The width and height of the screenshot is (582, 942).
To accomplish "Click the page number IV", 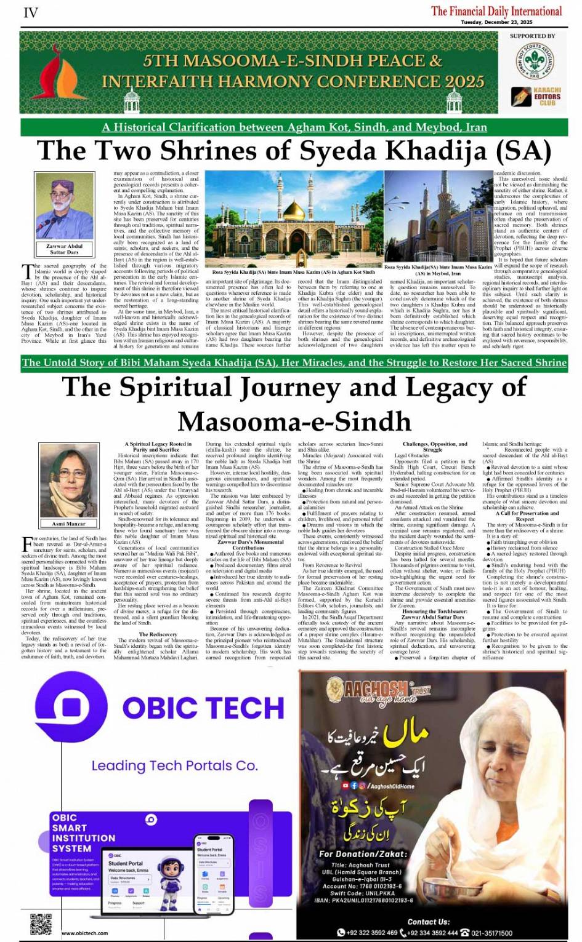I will (x=30, y=12).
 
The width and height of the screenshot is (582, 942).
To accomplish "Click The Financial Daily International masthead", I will (x=496, y=11).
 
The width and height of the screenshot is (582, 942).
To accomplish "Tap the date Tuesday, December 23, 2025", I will (x=496, y=22).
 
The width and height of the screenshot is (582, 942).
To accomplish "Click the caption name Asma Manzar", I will (x=68, y=524).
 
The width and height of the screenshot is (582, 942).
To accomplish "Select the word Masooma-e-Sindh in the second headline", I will (x=294, y=421).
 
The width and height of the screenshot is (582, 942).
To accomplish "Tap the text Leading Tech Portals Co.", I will (x=174, y=766).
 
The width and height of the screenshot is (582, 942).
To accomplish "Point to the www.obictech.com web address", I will (x=84, y=933).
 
